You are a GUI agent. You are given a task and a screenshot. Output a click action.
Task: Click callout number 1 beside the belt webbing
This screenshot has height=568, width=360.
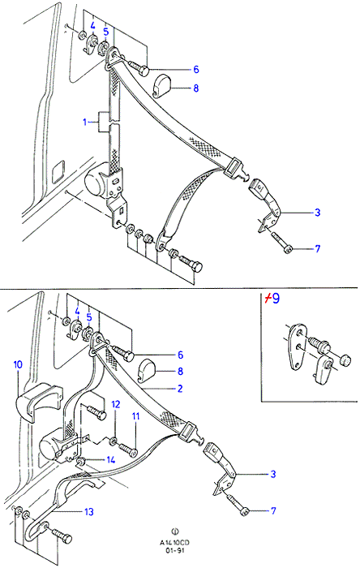tap(85, 123)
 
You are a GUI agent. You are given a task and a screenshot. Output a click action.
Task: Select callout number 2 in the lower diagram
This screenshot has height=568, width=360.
tap(180, 389)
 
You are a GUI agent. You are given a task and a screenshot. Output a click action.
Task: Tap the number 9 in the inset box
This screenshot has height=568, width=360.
tap(276, 299)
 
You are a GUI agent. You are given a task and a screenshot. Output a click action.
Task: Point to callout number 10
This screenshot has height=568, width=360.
tap(18, 364)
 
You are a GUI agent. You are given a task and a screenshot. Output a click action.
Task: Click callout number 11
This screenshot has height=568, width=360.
tap(135, 416)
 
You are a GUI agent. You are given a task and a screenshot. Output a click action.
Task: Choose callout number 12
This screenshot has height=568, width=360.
tap(115, 404)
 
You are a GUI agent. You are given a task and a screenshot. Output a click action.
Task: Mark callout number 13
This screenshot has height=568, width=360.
tap(89, 512)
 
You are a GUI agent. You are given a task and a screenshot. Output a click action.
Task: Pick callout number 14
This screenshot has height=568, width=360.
tap(111, 460)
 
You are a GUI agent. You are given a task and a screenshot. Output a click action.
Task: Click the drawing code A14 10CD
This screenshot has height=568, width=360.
tap(175, 543)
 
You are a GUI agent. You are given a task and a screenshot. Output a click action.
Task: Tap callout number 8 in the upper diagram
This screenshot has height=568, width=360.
tap(196, 88)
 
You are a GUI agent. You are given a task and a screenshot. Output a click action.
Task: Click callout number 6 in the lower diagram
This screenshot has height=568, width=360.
tap(181, 355)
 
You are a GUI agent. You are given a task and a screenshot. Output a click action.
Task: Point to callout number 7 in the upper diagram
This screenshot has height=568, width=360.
tap(318, 249)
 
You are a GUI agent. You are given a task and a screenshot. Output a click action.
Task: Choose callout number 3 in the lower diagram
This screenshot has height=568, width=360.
tap(273, 474)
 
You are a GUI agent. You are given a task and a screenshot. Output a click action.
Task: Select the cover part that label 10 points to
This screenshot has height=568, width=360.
tap(37, 402)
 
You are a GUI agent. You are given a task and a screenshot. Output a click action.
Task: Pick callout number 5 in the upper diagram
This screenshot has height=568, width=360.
tap(105, 32)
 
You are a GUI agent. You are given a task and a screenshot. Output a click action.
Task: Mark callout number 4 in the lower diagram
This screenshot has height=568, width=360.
tap(77, 311)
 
